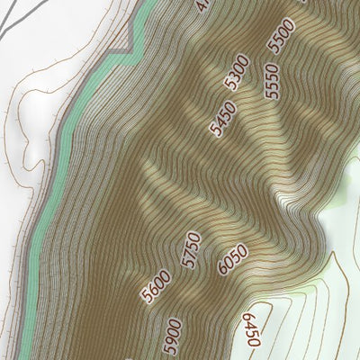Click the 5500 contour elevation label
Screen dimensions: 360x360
click(283, 36)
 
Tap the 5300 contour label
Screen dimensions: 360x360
click(238, 72)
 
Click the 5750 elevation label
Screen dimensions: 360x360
click(190, 249)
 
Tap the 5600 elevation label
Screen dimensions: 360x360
click(155, 287)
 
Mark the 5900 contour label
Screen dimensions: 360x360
click(172, 336)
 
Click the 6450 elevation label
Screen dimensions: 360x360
click(251, 330)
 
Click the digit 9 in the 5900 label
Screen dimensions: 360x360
click(171, 341)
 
